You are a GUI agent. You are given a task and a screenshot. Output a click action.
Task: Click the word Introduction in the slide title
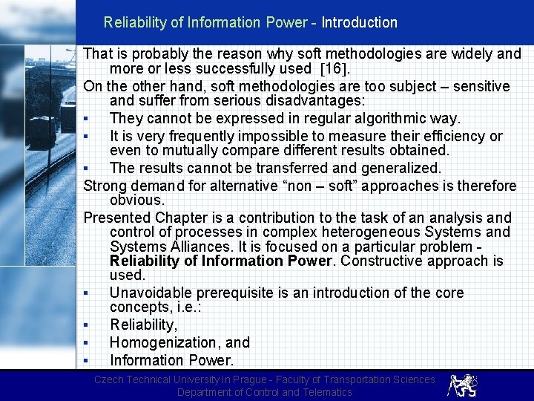pyautogui.click(x=359, y=22)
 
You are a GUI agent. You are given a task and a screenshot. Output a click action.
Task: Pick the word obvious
pyautogui.click(x=136, y=200)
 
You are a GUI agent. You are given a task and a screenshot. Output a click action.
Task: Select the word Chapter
pyautogui.click(x=182, y=218)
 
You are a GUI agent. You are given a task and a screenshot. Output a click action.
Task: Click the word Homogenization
pyautogui.click(x=165, y=342)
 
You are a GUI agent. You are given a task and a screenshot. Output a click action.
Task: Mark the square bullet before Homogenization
pyautogui.click(x=87, y=343)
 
